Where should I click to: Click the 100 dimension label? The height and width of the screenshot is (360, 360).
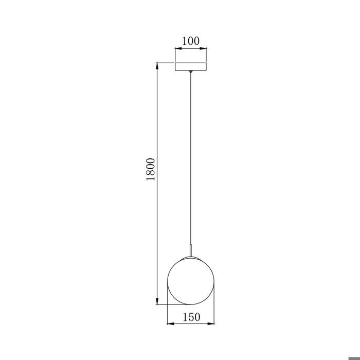point(191,41)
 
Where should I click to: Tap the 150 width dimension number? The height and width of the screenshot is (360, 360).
point(191,317)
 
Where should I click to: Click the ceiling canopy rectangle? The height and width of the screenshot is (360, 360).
point(191,67)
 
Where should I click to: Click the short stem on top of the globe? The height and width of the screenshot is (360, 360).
point(191,253)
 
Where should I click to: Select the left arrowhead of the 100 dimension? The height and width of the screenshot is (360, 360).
point(177,49)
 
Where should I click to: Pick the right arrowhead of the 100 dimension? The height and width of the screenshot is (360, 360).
point(204,49)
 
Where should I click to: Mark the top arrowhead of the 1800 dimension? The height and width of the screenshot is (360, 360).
point(157,65)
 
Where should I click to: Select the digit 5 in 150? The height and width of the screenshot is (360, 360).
point(191,317)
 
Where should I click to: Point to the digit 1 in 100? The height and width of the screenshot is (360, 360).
point(184,41)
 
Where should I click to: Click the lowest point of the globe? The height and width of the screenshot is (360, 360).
point(191,304)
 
